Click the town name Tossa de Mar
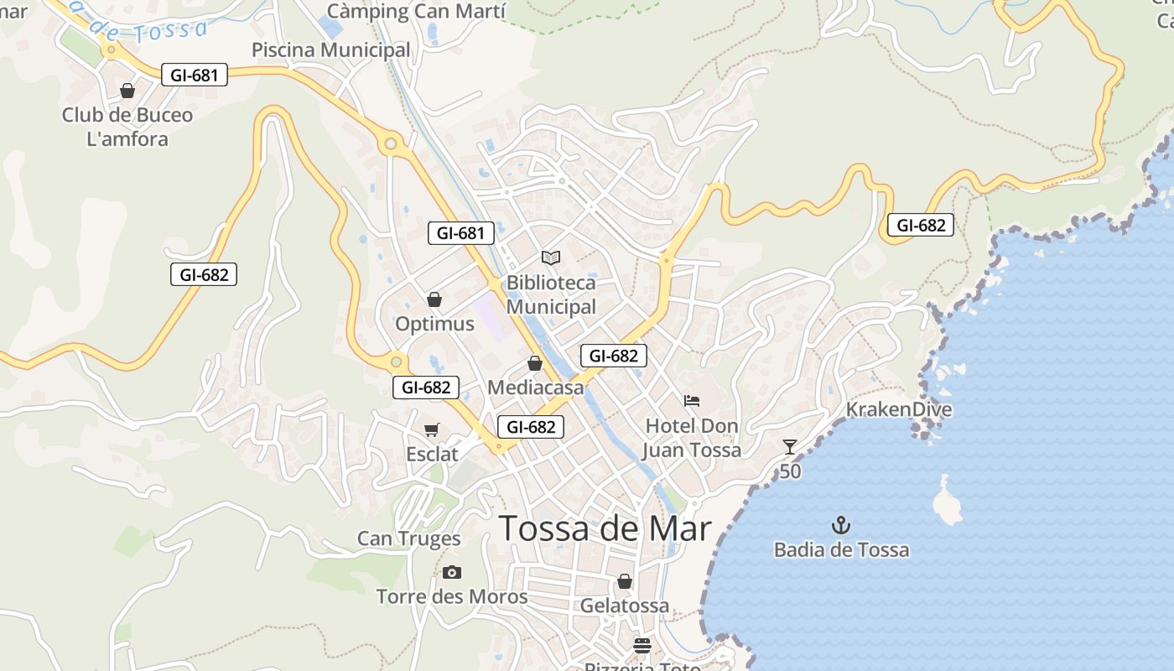605,528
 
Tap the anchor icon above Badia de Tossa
840,526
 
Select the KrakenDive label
899,409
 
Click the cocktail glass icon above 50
789,446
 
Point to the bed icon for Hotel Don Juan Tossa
692,401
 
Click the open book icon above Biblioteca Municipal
551,257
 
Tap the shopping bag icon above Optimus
434,299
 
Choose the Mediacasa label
535,388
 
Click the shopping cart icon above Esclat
432,430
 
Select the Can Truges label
409,538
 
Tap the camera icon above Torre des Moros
452,572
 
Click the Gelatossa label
625,606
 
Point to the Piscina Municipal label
331,50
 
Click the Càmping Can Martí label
416,12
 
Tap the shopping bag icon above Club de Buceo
127,91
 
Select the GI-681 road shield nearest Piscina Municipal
195,75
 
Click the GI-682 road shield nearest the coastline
921,225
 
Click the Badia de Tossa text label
841,550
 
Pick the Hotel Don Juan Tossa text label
692,438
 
